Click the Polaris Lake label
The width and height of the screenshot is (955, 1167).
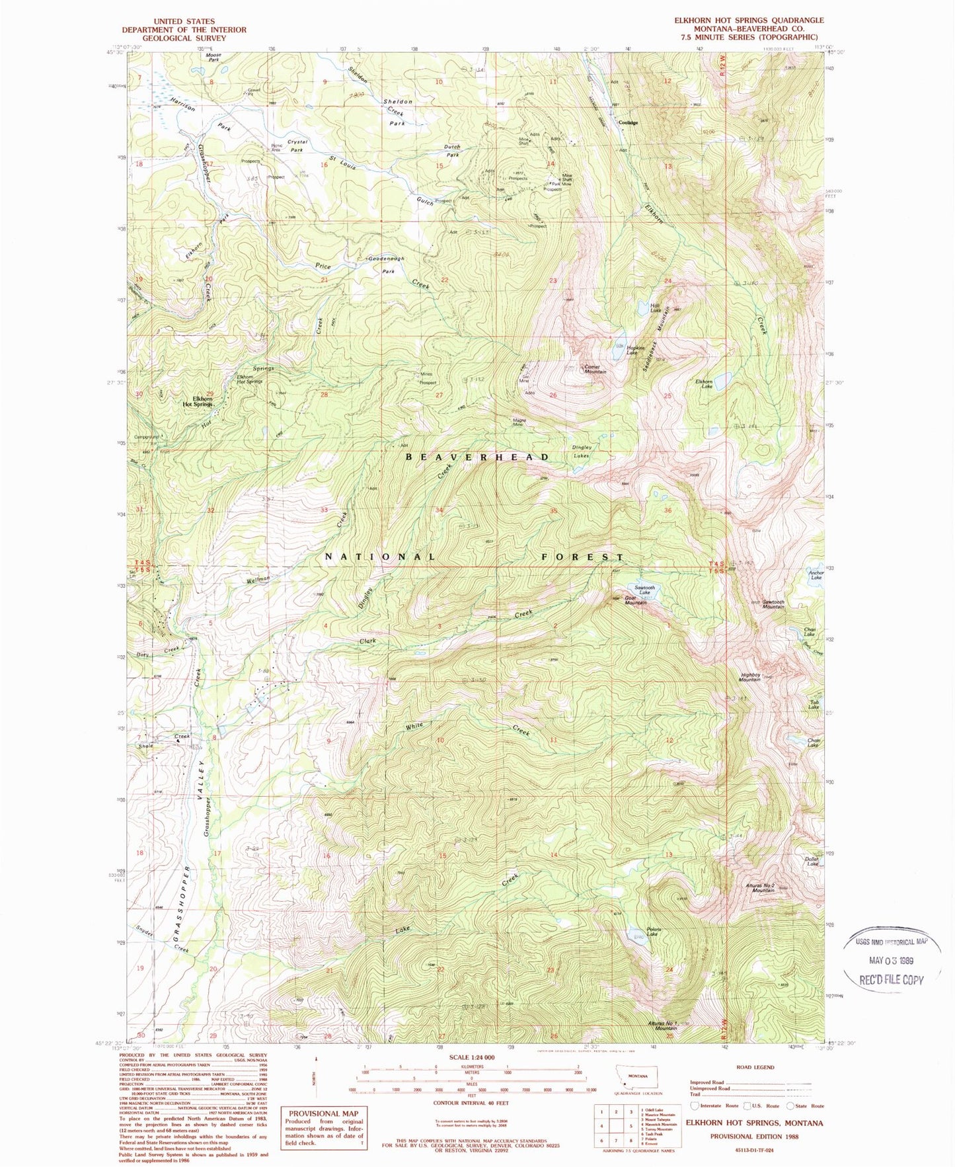tap(652, 931)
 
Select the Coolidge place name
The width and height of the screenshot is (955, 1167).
tap(628, 122)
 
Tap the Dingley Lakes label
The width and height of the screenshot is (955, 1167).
tap(582, 451)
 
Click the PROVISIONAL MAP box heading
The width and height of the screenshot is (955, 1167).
tap(323, 1113)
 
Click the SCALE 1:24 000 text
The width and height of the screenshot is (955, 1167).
tap(472, 1057)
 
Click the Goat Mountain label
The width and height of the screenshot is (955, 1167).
tap(635, 602)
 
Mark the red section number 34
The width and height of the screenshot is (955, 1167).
tap(439, 510)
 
